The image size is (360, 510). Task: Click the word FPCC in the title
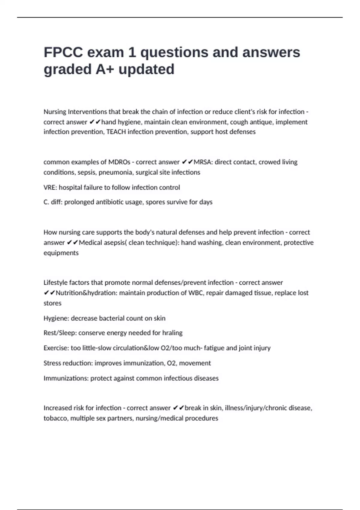pos(63,52)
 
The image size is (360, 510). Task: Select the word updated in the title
pos(146,69)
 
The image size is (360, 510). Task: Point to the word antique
pos(261,122)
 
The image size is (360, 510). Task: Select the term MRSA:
pos(203,162)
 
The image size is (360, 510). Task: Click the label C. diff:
pos(53,202)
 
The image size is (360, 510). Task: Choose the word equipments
pos(61,253)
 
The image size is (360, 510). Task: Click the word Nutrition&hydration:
pos(86,293)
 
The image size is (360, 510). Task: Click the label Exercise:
pos(56,348)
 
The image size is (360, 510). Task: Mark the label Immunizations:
pos(66,378)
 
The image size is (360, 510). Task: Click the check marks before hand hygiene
pos(95,122)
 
